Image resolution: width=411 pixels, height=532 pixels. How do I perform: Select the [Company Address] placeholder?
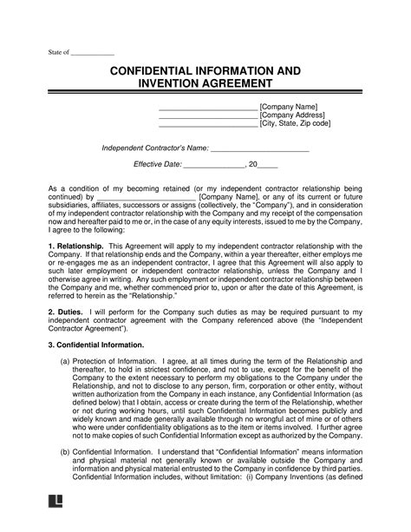click(x=292, y=115)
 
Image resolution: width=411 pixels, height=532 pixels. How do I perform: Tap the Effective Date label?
click(x=157, y=164)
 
